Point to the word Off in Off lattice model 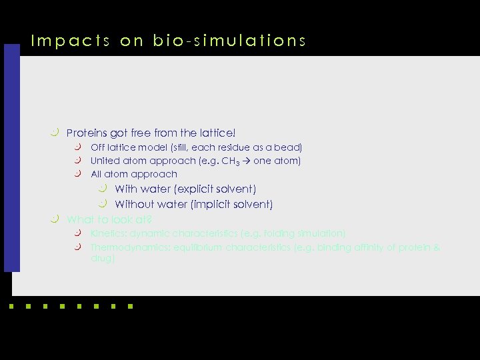pos(98,147)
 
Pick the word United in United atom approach pos(105,161)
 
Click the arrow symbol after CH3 pos(255,161)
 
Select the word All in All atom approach pos(97,174)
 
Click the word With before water pos(126,189)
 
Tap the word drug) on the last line pos(103,258)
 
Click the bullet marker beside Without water pos(103,203)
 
